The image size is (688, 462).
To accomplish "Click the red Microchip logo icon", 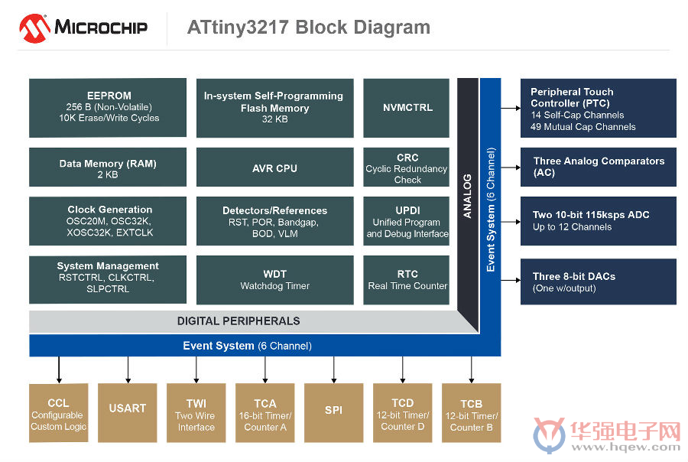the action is (x=34, y=28).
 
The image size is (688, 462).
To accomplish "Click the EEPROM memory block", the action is (x=108, y=108).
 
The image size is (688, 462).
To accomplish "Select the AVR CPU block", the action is (x=274, y=167).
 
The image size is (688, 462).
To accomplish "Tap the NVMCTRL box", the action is (x=407, y=108).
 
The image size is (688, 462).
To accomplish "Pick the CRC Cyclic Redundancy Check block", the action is (x=407, y=167).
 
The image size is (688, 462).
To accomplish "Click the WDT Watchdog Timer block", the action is (x=274, y=280).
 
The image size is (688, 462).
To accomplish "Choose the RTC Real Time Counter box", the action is (x=407, y=280).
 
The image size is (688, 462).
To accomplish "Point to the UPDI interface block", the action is (x=407, y=221).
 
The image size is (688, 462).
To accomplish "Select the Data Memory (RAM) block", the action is (x=108, y=167).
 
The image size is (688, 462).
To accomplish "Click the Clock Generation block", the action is (x=108, y=221).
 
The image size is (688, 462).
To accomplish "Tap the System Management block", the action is (x=108, y=280).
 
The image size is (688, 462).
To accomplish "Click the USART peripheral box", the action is (x=127, y=413).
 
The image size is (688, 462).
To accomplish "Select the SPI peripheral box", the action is (x=333, y=413).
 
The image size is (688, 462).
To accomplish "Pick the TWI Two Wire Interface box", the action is (x=196, y=413).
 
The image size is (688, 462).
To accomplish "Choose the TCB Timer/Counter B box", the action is (x=471, y=413).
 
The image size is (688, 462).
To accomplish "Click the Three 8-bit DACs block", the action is (x=599, y=281).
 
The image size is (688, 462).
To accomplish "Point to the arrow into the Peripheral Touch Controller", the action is (x=511, y=108).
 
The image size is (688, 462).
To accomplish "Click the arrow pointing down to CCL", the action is (x=59, y=369).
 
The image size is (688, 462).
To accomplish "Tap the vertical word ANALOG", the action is (x=468, y=197).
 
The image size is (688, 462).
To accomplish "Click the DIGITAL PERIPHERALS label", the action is (x=239, y=321).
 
